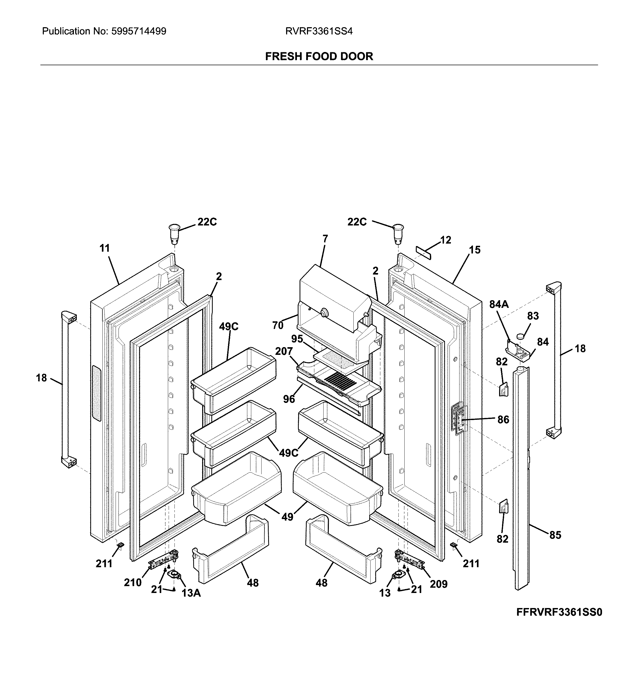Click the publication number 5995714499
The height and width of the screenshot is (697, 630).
[x=138, y=31]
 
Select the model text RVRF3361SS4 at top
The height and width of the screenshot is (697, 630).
[x=319, y=31]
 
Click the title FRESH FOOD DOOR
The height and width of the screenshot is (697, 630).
[x=319, y=56]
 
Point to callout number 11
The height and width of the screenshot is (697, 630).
[x=104, y=248]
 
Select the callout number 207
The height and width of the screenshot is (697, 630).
[x=284, y=351]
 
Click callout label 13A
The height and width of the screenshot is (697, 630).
[x=191, y=593]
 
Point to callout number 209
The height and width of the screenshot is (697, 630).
[x=439, y=584]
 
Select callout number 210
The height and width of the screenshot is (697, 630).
[x=133, y=583]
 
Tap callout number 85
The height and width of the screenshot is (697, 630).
[x=555, y=535]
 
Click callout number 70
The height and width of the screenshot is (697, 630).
[x=277, y=325]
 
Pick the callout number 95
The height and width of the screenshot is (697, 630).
[x=297, y=338]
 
